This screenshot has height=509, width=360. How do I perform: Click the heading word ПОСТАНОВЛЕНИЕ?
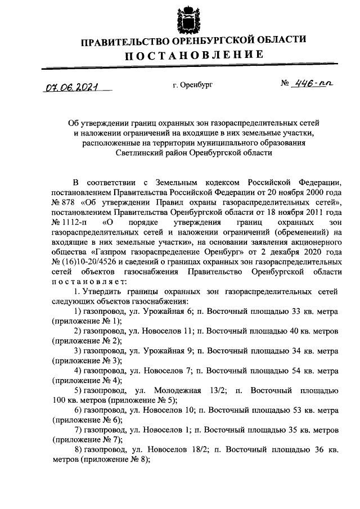(x=193, y=55)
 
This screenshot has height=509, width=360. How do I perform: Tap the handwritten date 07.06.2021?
(x=71, y=88)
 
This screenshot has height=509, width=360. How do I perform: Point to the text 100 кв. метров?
(x=76, y=400)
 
